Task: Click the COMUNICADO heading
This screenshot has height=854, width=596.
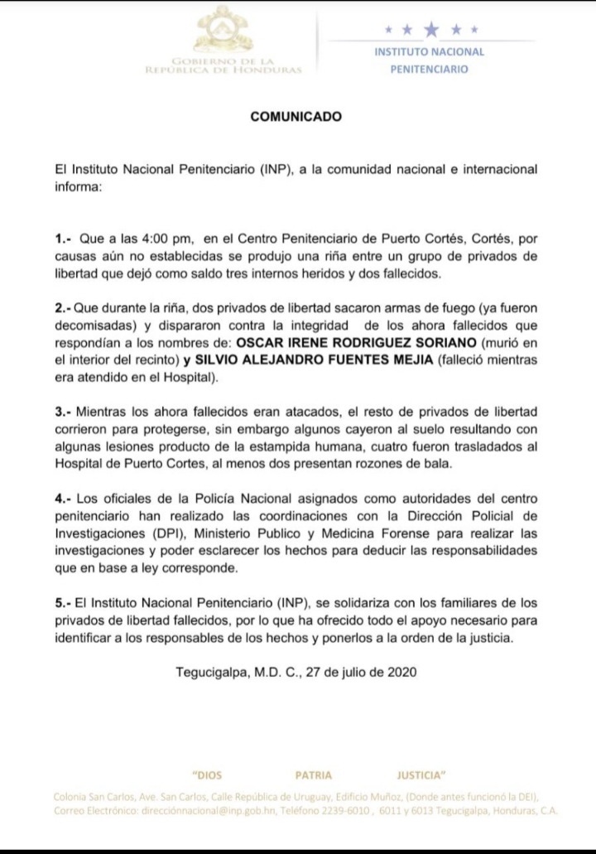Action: click(296, 118)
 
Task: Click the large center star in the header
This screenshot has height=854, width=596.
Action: click(430, 30)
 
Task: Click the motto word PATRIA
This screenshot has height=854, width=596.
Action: click(313, 775)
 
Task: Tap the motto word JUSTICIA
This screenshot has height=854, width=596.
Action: click(421, 775)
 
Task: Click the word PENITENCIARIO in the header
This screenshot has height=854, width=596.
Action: click(429, 70)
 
